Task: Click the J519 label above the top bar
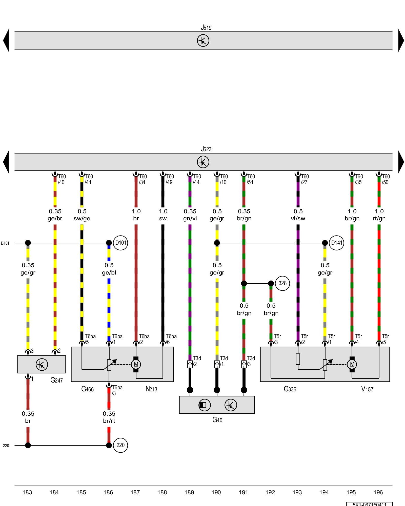pos(206,27)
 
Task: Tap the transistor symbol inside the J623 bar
pos(203,162)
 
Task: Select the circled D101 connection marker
pos(120,243)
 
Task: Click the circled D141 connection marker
pos(336,243)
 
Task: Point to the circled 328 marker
pos(282,283)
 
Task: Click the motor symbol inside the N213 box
pos(136,364)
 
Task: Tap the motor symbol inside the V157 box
pos(352,364)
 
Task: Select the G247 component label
pos(56,380)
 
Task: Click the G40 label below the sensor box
pos(217,420)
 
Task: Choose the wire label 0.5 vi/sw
pos(298,215)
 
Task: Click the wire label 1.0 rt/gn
pos(379,215)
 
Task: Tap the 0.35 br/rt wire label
pos(109,417)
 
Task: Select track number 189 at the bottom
pos(189,492)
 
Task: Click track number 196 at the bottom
pos(378,492)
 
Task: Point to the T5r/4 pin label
pos(358,339)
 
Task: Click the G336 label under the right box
pos(290,389)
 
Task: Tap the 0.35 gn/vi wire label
pos(190,215)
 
